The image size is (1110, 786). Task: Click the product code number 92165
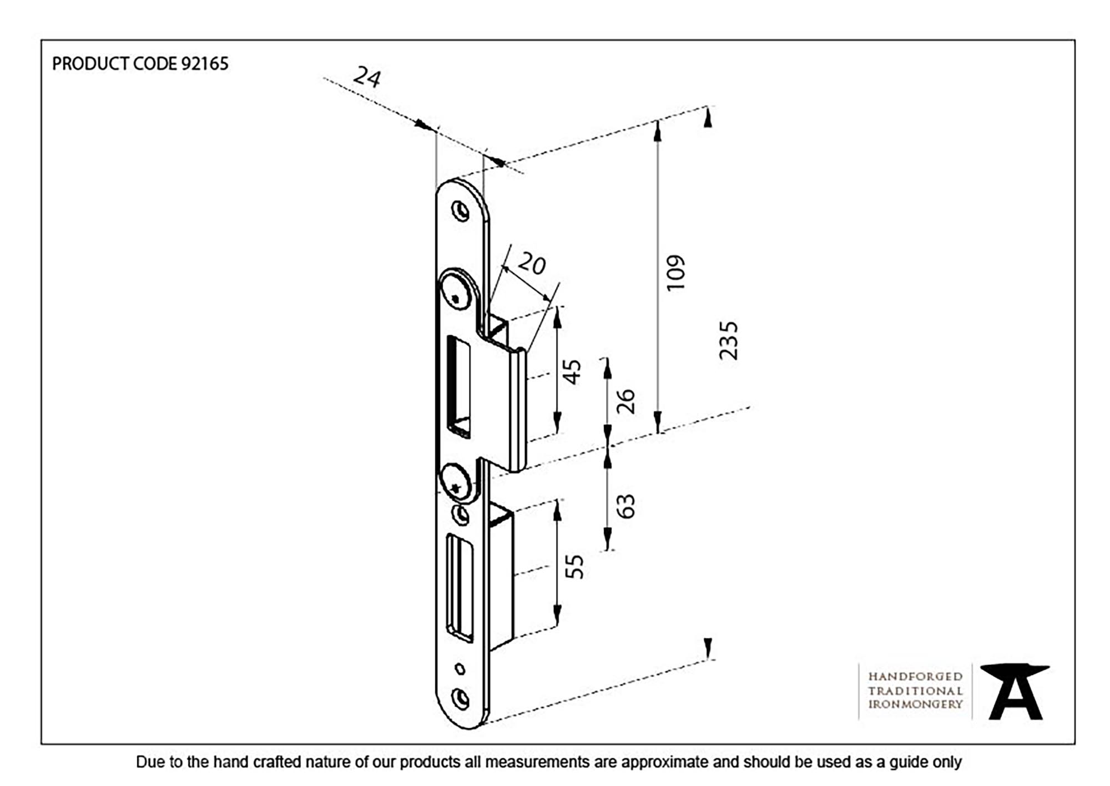(205, 64)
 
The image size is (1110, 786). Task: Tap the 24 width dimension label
(367, 77)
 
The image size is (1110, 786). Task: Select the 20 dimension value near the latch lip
(532, 264)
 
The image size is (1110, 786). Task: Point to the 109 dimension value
(676, 273)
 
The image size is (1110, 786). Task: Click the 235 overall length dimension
(729, 340)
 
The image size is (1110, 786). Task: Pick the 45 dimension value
(572, 371)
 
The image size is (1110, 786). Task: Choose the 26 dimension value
(625, 401)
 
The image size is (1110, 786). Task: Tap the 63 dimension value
(625, 506)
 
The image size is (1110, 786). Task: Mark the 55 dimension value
(574, 566)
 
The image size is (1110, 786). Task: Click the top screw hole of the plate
(461, 211)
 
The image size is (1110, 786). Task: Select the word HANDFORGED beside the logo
(915, 677)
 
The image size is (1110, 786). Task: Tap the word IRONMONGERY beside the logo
(915, 704)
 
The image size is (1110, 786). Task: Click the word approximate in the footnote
(664, 762)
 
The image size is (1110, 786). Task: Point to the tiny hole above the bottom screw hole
(460, 669)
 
